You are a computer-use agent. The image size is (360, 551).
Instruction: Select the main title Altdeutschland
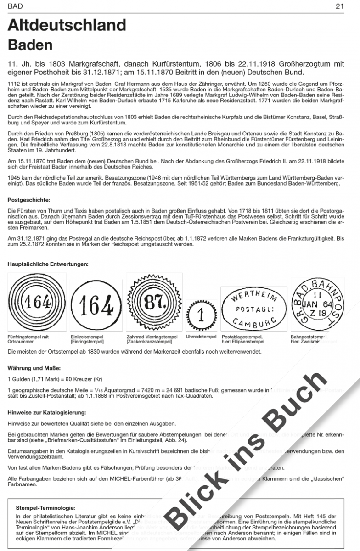(x=67, y=24)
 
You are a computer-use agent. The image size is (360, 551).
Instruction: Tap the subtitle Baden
(x=30, y=45)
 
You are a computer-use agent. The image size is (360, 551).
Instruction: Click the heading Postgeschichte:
(x=29, y=200)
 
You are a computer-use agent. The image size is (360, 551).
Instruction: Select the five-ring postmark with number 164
(x=37, y=303)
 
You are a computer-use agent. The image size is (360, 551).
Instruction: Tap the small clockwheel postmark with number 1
(x=201, y=315)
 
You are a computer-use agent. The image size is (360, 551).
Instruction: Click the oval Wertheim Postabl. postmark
(x=253, y=308)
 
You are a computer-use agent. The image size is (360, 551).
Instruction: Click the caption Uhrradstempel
(x=201, y=337)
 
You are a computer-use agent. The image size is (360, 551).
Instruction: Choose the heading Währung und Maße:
(x=34, y=368)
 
